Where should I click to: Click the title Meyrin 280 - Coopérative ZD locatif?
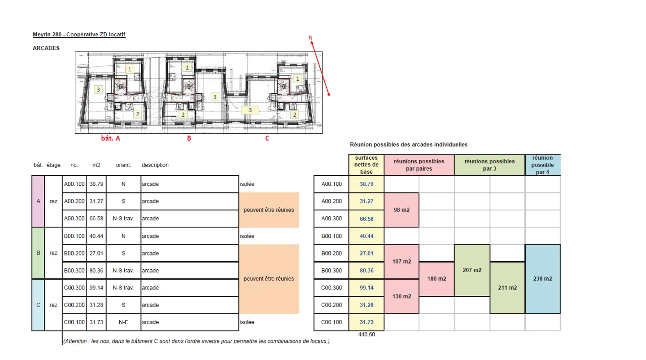tap(79, 35)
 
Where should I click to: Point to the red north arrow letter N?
tap(310, 38)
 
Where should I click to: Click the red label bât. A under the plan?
tap(110, 139)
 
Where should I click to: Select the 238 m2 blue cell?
tap(542, 279)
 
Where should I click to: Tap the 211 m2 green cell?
tap(507, 288)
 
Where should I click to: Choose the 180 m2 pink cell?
tap(436, 279)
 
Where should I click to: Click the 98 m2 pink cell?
tap(402, 210)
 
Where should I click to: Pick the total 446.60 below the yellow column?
tap(367, 334)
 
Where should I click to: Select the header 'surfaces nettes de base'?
tap(367, 165)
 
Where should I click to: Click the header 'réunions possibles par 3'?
tap(489, 165)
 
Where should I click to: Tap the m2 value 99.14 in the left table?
tap(96, 288)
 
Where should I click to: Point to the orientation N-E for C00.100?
tap(123, 322)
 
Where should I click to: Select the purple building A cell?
tap(38, 202)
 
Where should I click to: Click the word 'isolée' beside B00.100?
tap(247, 236)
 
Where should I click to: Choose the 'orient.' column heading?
tap(123, 165)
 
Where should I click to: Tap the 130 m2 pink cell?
tap(402, 296)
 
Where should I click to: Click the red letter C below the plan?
tap(267, 139)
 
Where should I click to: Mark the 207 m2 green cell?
tap(472, 270)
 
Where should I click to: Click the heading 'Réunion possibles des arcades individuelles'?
tap(408, 145)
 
